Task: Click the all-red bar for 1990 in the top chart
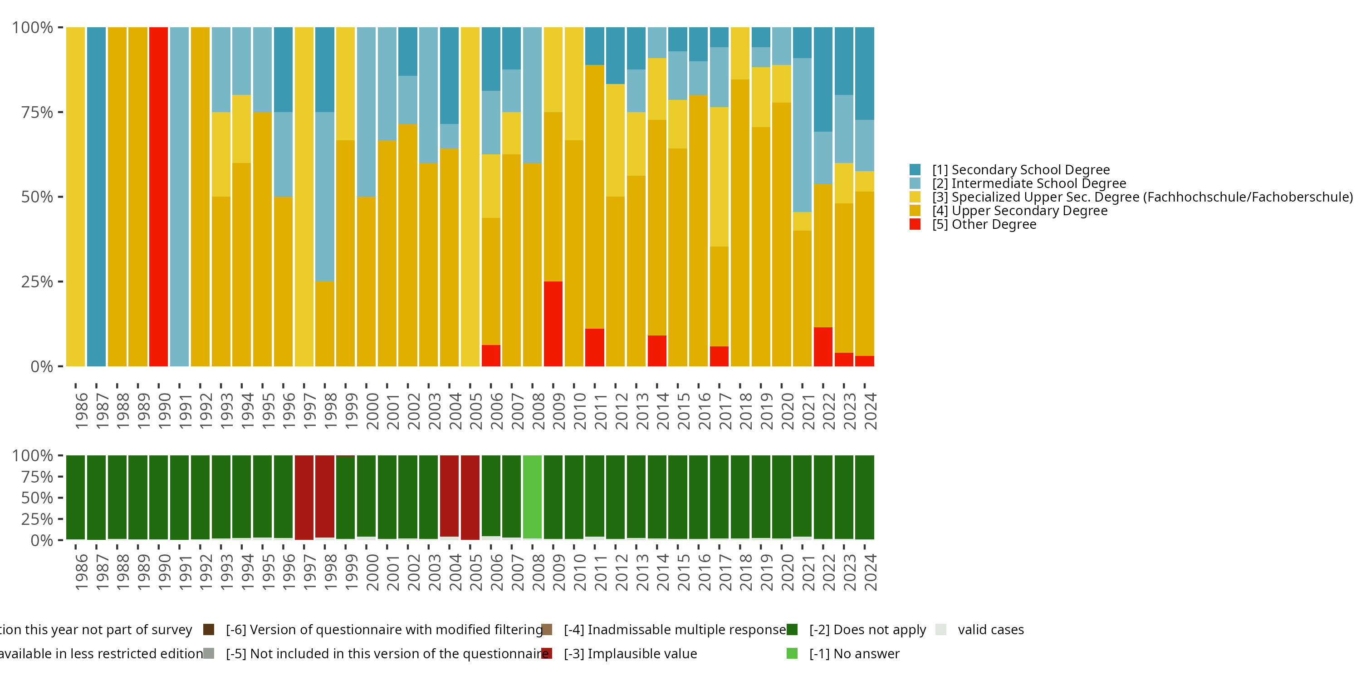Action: coord(158,196)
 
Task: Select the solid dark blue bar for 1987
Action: coord(96,196)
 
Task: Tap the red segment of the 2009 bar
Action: coord(553,324)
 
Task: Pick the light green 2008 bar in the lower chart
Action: coord(532,497)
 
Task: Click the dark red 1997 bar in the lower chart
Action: coord(304,497)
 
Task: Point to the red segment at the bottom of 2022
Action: coord(822,347)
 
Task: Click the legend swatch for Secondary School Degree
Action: coord(915,170)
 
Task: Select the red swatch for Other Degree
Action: coord(915,224)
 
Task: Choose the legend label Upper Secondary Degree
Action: coord(1020,211)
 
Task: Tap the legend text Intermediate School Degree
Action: coord(1028,183)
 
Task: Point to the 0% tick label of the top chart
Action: coord(42,366)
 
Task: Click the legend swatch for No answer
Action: coord(792,653)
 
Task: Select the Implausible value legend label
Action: coord(630,653)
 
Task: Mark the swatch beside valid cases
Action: coord(940,629)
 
